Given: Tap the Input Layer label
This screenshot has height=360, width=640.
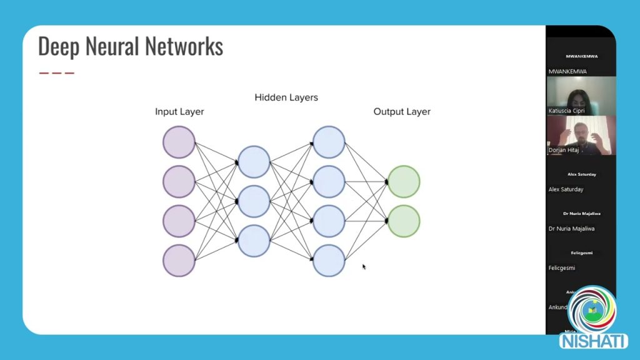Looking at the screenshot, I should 179,112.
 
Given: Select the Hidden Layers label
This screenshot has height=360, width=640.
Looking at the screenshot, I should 286,97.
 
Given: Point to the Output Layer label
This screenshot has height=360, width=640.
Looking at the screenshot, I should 402,112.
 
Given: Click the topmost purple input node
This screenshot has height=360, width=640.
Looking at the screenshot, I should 179,142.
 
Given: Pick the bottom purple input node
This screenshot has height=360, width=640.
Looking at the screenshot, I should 179,261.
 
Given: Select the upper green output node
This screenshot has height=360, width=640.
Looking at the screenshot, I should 404,182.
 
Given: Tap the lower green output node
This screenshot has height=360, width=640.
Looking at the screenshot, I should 404,221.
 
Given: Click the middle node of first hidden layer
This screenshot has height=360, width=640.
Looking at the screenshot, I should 254,201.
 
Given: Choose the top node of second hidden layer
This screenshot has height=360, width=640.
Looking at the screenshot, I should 329,142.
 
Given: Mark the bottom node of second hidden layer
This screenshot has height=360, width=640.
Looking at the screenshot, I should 329,261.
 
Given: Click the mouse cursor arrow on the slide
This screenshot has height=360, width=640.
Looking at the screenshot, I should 364,267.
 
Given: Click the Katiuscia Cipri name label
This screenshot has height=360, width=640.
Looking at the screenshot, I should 566,111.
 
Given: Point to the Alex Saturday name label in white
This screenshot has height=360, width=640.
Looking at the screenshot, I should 566,189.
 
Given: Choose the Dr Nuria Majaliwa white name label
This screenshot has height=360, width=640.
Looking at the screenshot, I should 571,229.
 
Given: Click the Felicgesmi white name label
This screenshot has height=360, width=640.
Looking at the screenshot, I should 561,268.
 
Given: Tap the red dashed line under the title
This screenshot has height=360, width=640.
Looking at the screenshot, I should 56,73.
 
